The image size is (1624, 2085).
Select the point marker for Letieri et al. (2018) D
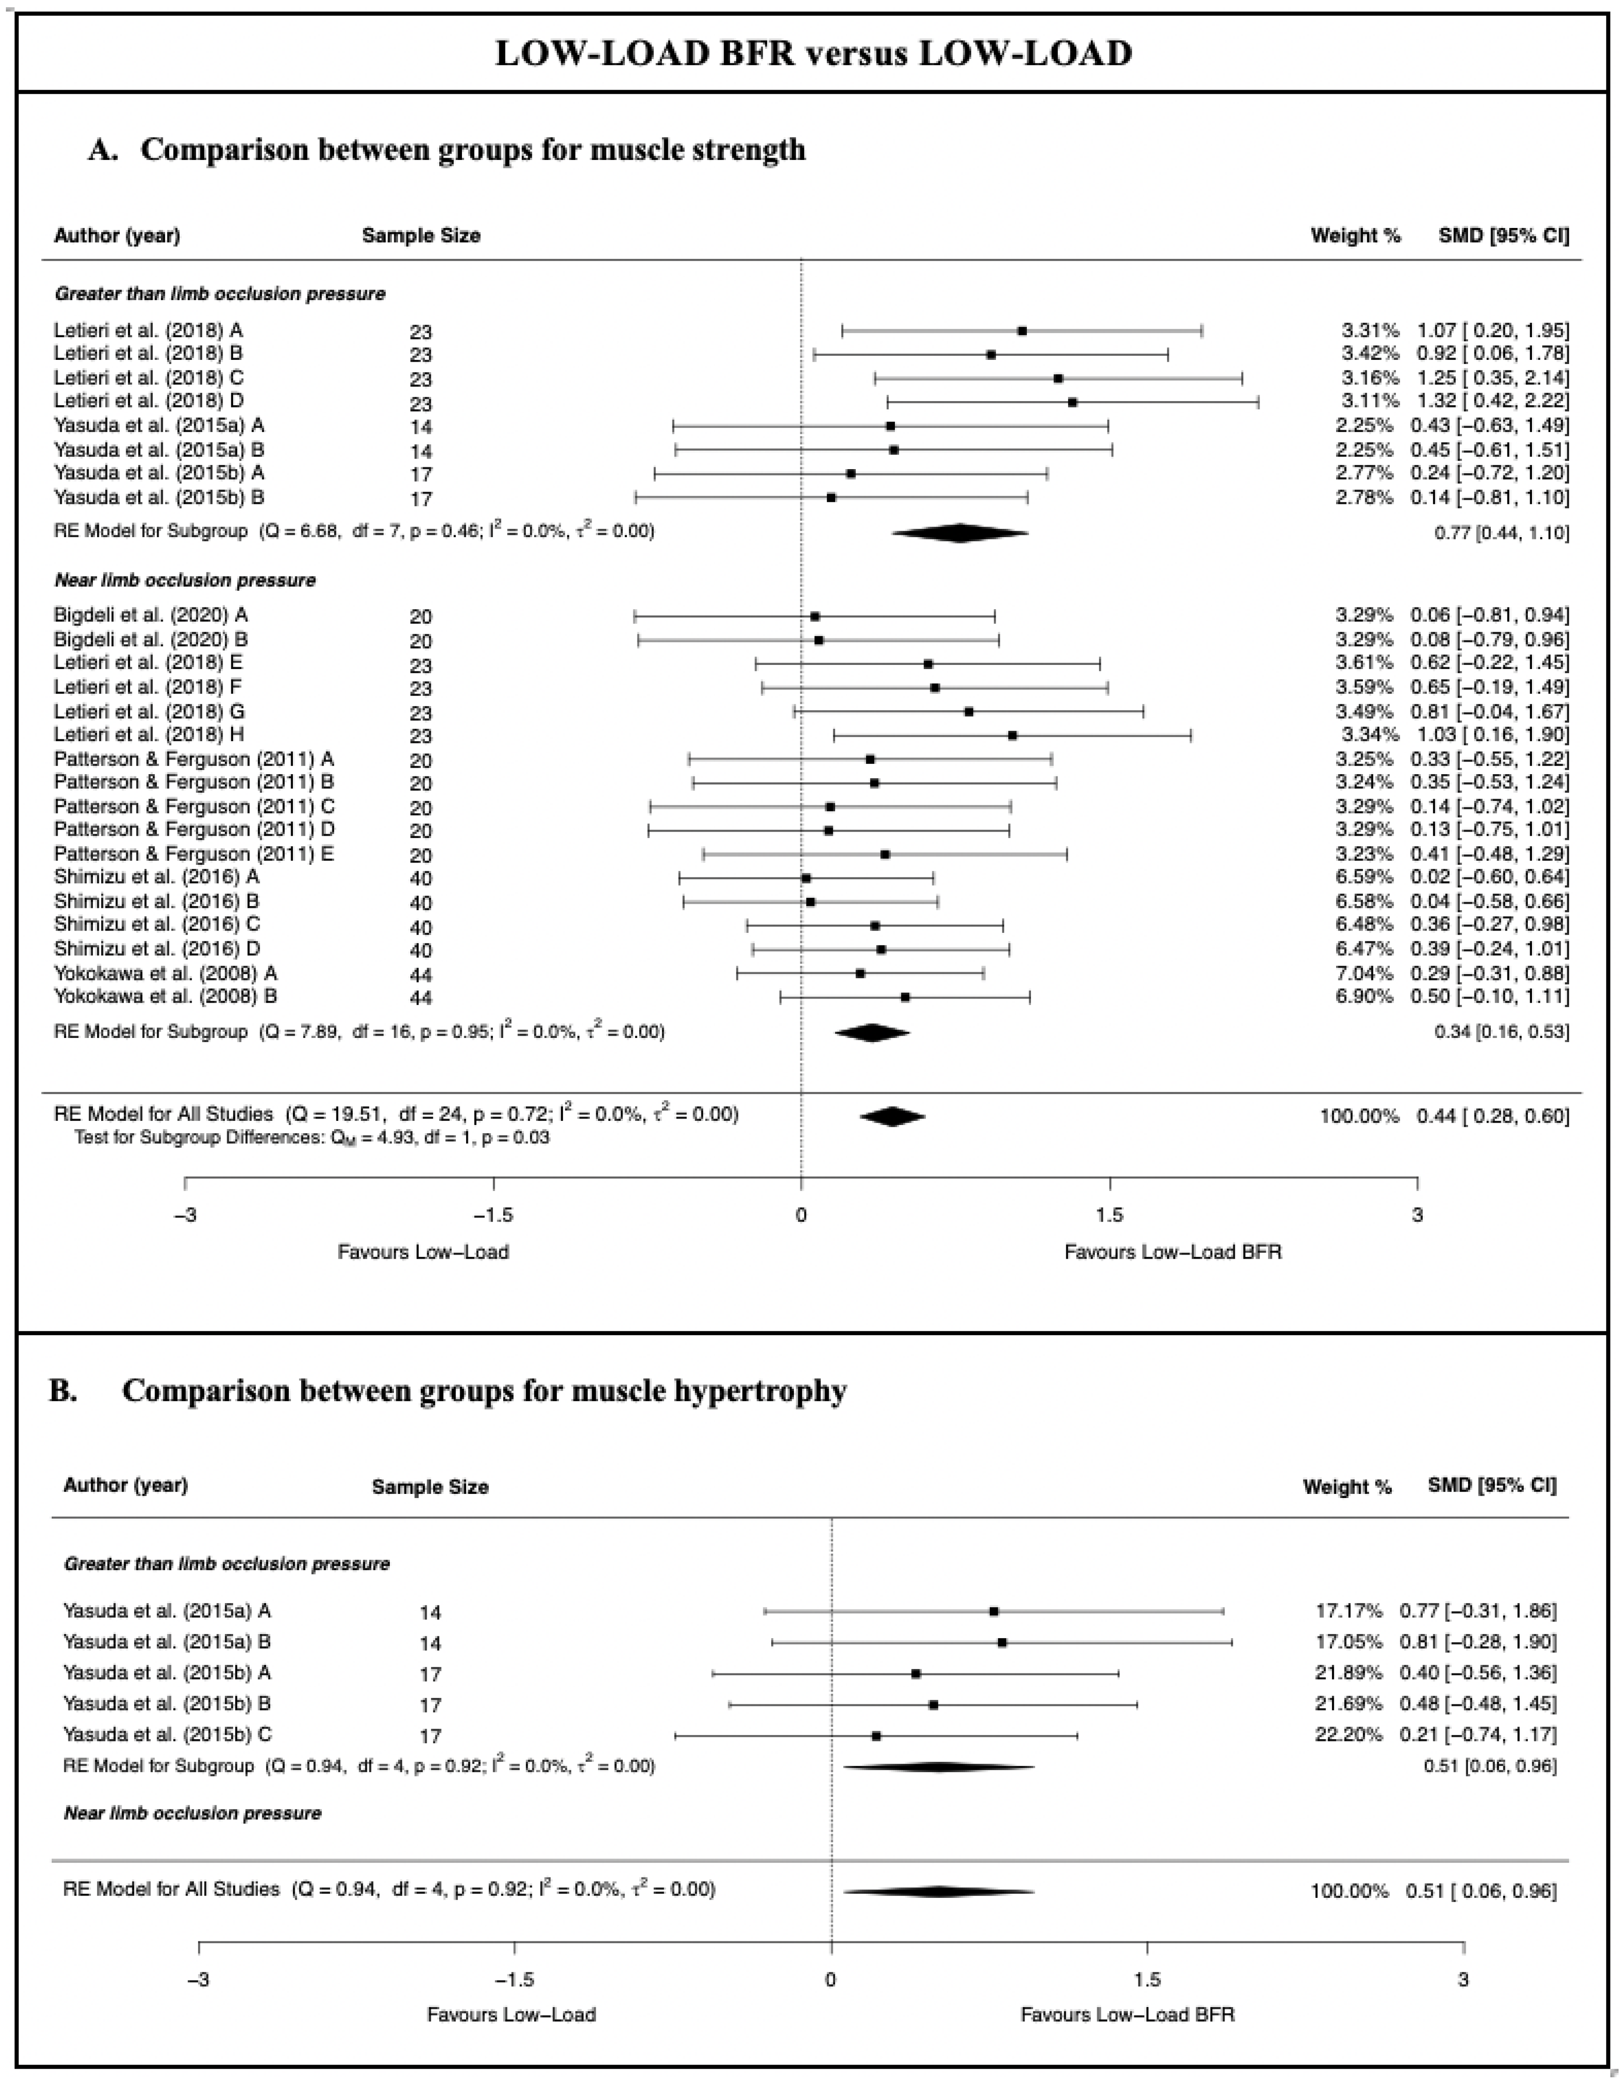click(1072, 402)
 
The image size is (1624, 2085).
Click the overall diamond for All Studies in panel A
click(892, 1116)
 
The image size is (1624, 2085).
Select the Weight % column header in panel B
click(1347, 1486)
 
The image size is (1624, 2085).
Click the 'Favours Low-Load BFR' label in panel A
click(1172, 1251)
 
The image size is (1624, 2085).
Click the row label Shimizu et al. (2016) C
click(156, 924)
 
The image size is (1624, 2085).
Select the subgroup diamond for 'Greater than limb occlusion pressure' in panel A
click(959, 533)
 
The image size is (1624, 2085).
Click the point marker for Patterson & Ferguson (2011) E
click(885, 853)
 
